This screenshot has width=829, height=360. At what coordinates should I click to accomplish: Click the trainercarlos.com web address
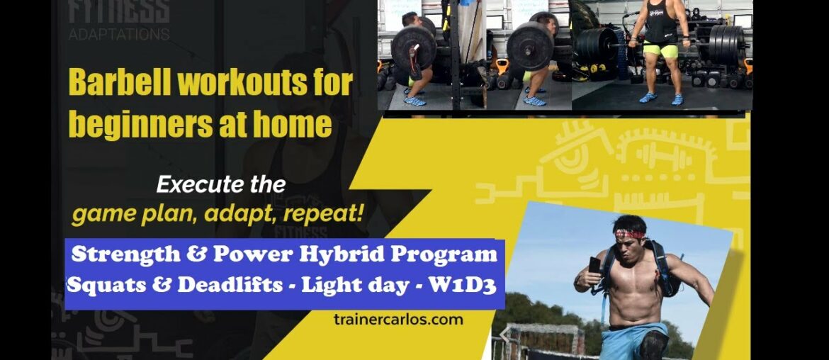pos(397,319)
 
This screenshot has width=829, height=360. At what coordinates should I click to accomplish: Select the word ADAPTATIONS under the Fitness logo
pos(119,33)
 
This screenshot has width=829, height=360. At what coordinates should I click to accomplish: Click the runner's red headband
pos(629,233)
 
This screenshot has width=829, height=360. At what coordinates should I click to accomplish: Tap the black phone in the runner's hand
pos(593,265)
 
